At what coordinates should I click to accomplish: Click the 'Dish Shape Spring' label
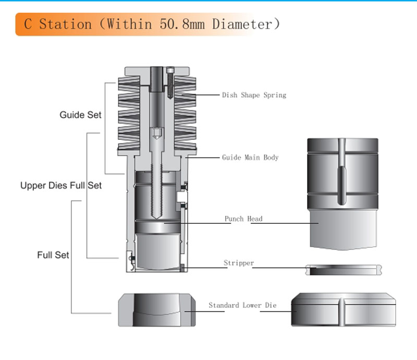coord(254,95)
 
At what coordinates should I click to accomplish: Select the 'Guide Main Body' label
coord(250,158)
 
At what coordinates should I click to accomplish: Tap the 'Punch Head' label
coord(243,219)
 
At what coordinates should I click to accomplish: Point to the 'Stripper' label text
coord(239,263)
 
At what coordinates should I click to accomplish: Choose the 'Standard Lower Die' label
coord(242,305)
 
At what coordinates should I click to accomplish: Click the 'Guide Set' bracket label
coord(80,115)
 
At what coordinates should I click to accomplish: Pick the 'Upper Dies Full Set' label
coord(61,185)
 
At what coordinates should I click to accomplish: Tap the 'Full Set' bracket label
coord(53,255)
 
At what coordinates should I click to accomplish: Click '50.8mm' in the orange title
coord(182,24)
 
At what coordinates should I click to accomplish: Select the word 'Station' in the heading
coord(66,24)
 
